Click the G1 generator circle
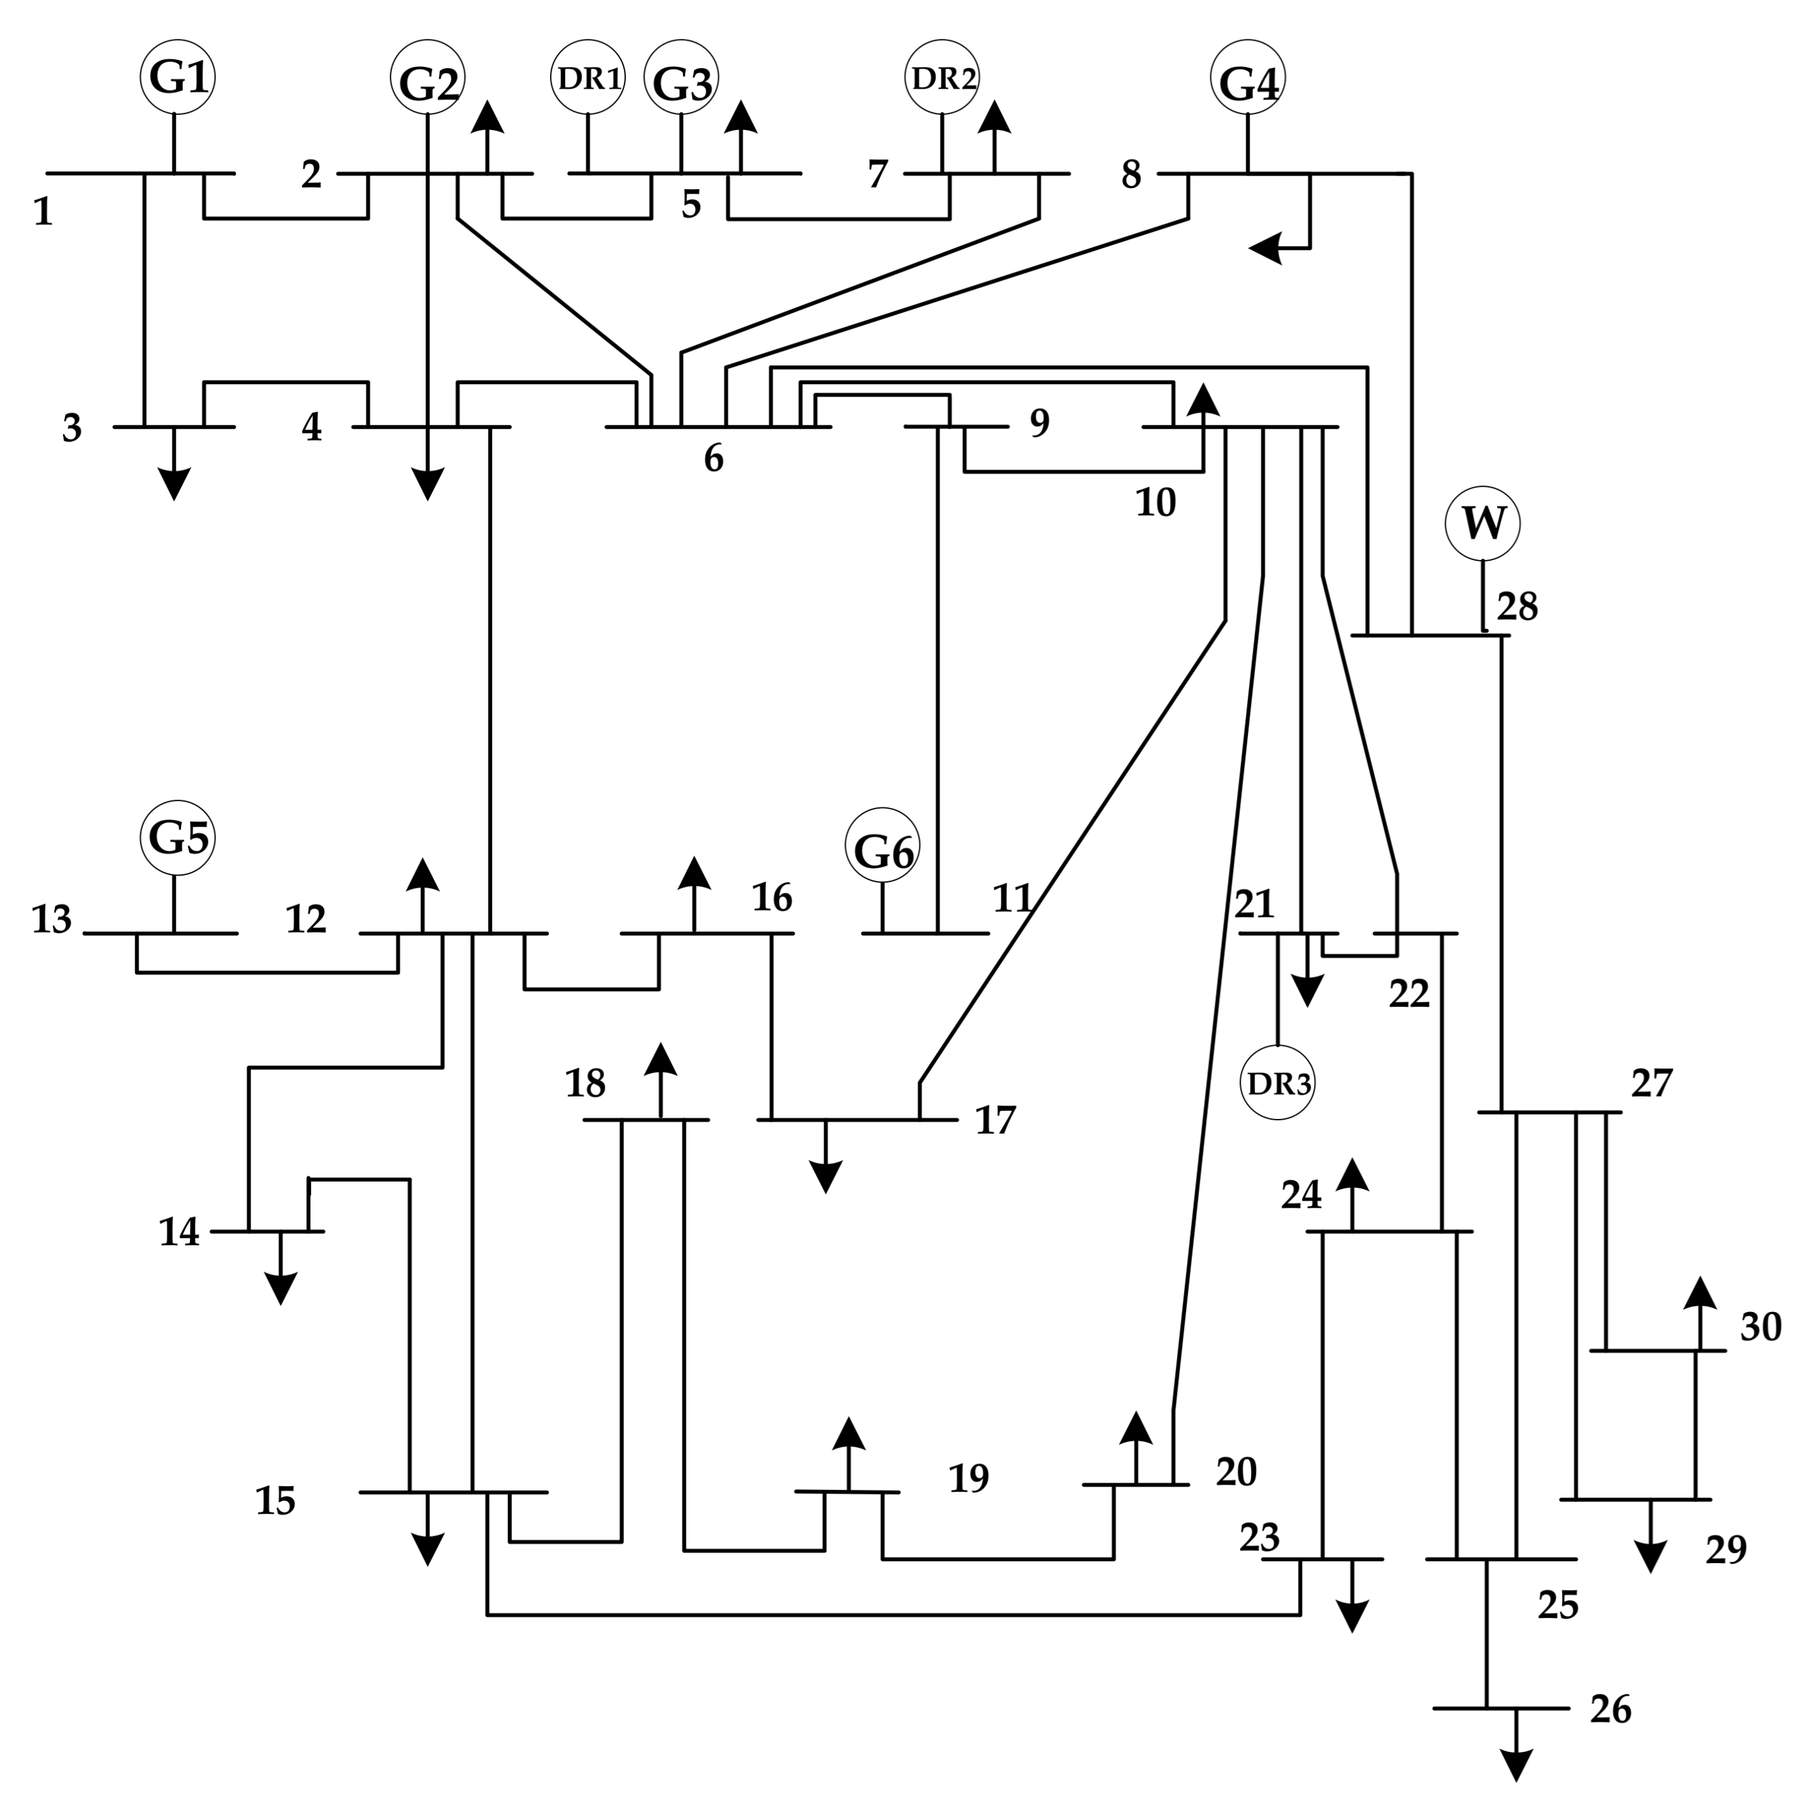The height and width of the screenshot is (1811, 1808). (178, 77)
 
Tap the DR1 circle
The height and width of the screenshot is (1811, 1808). (588, 78)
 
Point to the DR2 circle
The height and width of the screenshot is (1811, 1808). (942, 78)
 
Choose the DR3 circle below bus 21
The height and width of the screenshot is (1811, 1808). (1278, 1083)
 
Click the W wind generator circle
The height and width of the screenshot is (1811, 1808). (1482, 523)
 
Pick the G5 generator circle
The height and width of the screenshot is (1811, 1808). (178, 837)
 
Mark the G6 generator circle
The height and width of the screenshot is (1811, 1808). (882, 846)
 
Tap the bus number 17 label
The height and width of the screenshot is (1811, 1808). (995, 1120)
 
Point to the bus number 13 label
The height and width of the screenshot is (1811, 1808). (52, 920)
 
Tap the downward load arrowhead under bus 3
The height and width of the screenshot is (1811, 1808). (175, 485)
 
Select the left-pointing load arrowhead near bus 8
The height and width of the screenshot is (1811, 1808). (1265, 249)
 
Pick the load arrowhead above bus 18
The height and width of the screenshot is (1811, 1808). (661, 1058)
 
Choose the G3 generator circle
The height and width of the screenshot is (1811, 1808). (681, 78)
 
